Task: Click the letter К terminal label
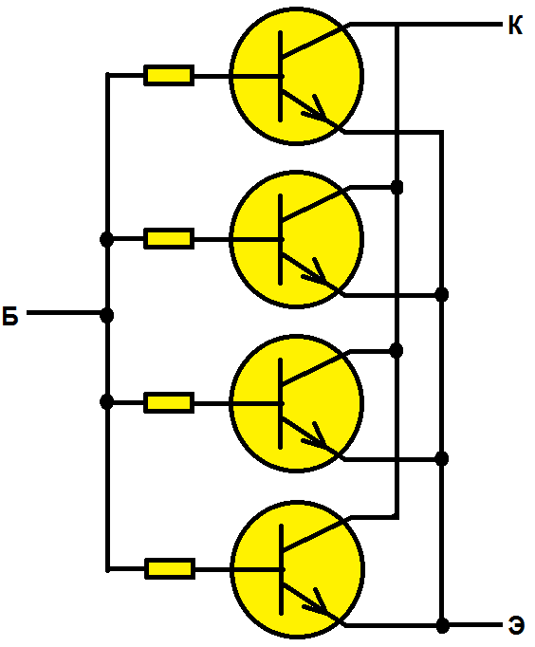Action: (515, 25)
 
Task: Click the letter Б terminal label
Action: (10, 316)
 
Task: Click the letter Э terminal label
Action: (516, 625)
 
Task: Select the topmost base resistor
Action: (169, 76)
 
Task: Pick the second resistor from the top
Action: (169, 238)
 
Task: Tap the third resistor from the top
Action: (169, 403)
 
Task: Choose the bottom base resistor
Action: (170, 569)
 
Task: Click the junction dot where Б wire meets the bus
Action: (107, 315)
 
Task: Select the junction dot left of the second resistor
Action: (106, 239)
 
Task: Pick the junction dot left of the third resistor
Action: (106, 401)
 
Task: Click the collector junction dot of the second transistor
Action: (397, 187)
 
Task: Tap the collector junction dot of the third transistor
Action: (396, 351)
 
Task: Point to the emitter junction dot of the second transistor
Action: (442, 295)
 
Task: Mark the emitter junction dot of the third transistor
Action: (442, 458)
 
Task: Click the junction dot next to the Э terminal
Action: (443, 625)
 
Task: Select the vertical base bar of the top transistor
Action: (281, 76)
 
